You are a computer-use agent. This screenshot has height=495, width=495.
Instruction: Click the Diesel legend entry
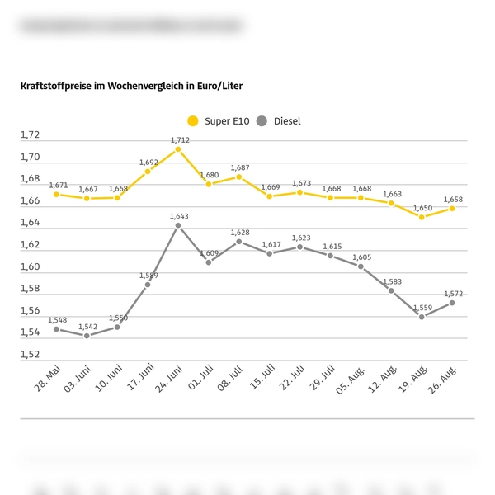pos(280,121)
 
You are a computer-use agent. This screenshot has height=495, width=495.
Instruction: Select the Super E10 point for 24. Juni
pos(178,149)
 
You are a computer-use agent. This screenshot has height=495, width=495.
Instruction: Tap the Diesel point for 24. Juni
pos(178,225)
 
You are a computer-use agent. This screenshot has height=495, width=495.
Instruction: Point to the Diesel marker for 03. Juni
pos(87,336)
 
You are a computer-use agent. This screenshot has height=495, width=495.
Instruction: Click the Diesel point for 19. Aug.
pos(422,317)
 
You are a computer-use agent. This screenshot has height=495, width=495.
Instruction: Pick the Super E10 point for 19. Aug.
pos(422,217)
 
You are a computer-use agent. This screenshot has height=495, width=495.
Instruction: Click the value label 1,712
pos(180,139)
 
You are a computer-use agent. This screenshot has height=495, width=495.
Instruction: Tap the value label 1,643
pos(179,216)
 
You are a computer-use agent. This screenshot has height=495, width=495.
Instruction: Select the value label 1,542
pos(87,326)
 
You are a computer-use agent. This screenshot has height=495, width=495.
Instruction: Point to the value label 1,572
pos(454,293)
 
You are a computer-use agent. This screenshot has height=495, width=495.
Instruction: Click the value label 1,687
pos(240,167)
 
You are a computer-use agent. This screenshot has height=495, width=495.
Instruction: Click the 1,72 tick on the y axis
pos(30,135)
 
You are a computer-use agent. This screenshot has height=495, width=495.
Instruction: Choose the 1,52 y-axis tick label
pos(30,355)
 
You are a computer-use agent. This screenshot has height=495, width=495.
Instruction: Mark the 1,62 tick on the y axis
pos(30,245)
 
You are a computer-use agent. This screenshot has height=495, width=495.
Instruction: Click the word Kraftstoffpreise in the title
pos(57,86)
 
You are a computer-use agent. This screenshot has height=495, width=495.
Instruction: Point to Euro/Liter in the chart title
pos(216,86)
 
